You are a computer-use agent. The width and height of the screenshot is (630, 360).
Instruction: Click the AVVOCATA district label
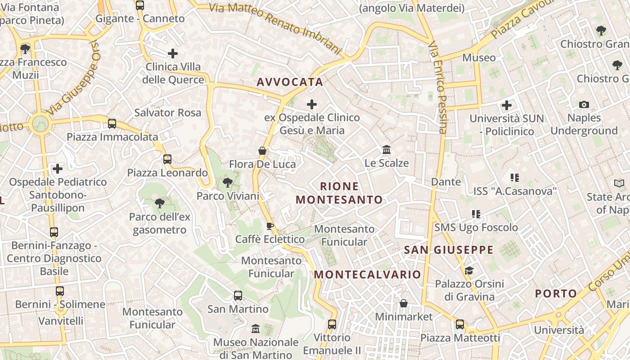(290, 82)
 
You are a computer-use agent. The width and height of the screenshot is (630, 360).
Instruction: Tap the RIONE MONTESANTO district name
(340, 193)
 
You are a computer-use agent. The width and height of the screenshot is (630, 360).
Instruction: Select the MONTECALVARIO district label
(367, 274)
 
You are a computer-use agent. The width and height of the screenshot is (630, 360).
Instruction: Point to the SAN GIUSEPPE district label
(449, 250)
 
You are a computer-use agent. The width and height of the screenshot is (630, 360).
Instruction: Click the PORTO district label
(556, 294)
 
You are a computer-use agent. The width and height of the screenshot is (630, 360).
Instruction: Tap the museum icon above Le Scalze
(387, 149)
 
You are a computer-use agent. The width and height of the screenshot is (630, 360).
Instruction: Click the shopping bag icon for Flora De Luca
(262, 151)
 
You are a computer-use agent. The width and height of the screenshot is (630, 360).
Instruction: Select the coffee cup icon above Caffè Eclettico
(270, 226)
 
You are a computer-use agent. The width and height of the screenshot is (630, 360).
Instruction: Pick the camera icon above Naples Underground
(584, 105)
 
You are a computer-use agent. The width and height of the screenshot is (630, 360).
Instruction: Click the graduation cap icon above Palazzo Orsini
(469, 270)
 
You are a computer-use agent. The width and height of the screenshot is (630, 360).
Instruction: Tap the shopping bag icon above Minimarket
(404, 303)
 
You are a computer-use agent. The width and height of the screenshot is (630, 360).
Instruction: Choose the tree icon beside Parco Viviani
(228, 183)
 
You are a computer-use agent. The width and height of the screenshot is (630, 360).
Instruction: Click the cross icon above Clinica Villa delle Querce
(173, 54)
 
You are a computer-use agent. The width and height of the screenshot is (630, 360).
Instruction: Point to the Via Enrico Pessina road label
(437, 88)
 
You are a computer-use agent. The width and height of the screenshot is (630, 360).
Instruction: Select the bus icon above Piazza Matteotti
(460, 324)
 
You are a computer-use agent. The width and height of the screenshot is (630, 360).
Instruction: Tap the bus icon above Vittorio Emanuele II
(332, 324)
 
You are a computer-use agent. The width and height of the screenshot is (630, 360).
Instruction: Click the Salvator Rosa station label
(167, 112)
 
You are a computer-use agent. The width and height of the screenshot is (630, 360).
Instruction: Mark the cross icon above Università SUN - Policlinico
(507, 105)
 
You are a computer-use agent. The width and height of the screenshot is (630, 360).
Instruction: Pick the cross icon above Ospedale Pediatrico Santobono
(58, 169)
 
